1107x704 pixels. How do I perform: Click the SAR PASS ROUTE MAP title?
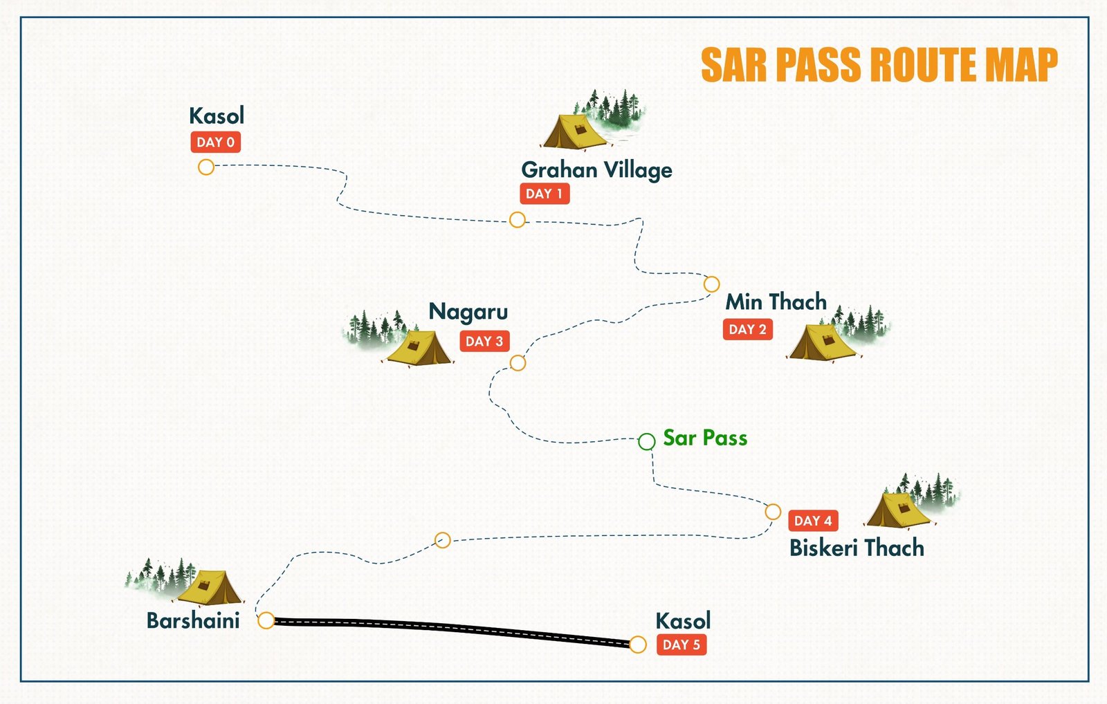[879, 66]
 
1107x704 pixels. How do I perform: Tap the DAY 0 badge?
[215, 142]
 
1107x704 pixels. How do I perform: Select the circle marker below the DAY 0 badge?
[206, 167]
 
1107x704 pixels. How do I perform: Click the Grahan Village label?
[596, 170]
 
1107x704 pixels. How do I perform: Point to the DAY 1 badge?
[545, 194]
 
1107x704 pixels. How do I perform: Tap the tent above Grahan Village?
[574, 131]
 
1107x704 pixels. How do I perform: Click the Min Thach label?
[776, 302]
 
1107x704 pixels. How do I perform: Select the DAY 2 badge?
[747, 330]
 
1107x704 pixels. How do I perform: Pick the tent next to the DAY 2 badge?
[822, 342]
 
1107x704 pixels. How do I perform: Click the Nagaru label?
[468, 312]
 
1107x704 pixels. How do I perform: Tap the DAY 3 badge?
[484, 341]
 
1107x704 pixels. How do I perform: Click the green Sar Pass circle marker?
[646, 441]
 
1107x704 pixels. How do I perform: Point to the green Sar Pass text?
[705, 438]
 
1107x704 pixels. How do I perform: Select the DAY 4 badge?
[813, 521]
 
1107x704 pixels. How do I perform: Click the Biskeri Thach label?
[857, 548]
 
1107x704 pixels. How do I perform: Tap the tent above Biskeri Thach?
[898, 510]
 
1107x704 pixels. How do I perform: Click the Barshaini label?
[193, 620]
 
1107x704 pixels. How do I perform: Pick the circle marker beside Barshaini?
[266, 620]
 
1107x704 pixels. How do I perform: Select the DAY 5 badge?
[681, 645]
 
